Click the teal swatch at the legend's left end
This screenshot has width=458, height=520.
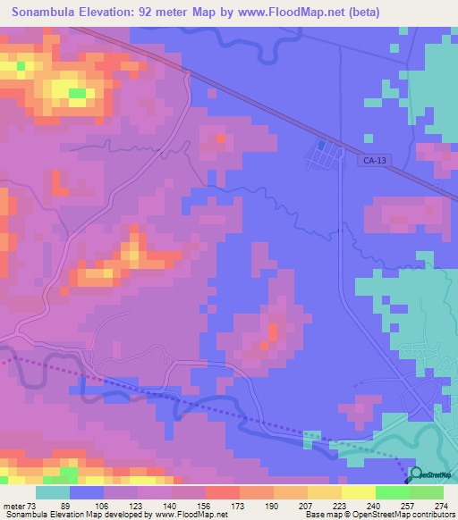click(x=53, y=493)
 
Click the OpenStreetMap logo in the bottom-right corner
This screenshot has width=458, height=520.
click(x=433, y=475)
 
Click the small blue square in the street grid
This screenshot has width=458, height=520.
click(x=321, y=145)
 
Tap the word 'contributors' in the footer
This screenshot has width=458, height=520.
click(x=429, y=514)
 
